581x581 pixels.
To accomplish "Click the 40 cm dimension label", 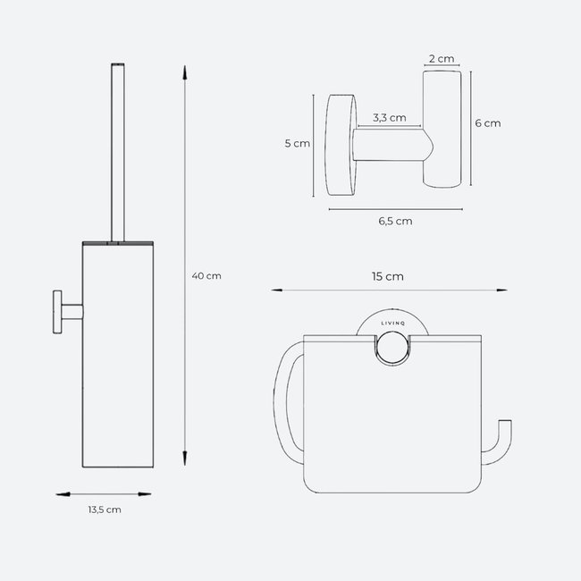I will (x=206, y=275).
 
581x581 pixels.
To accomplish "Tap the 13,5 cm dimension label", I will (x=105, y=509).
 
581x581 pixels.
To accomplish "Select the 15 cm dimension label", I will (x=389, y=276).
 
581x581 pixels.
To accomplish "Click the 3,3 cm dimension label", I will (x=389, y=117).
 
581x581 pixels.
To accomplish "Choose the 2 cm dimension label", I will (x=442, y=59).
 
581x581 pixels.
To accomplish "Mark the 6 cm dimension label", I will (x=487, y=123).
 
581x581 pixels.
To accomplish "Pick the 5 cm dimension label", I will (x=296, y=143).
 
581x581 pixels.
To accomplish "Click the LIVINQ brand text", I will (x=389, y=325).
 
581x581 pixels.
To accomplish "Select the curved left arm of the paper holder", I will (x=282, y=393).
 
